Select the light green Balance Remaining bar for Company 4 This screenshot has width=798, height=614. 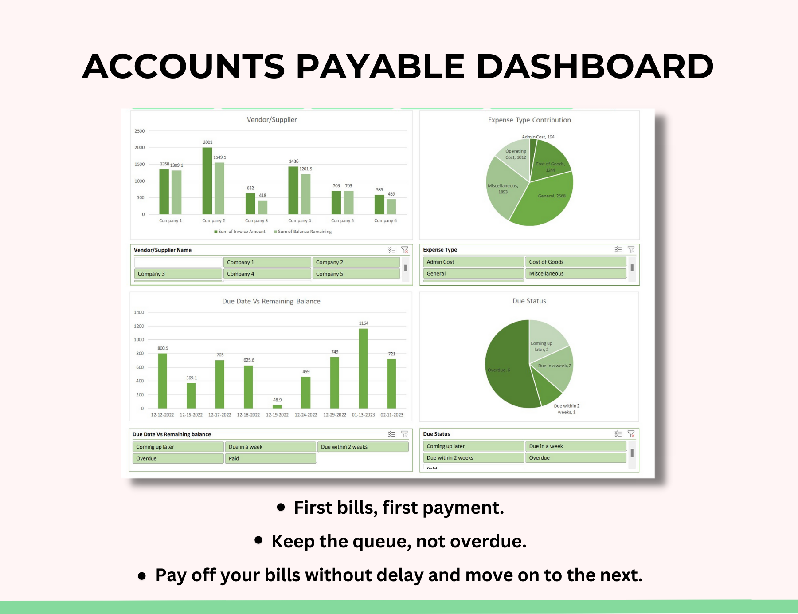tap(305, 194)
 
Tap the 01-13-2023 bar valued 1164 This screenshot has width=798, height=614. tap(363, 368)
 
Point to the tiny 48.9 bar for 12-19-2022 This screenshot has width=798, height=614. tap(277, 406)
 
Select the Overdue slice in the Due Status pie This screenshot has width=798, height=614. tap(508, 368)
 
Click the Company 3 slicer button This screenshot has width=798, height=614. tap(178, 274)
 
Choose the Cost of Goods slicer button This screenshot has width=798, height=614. tap(575, 262)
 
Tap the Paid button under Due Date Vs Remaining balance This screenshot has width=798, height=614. tap(270, 458)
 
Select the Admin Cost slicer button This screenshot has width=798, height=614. tap(473, 262)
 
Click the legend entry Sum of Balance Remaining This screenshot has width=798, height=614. tap(304, 232)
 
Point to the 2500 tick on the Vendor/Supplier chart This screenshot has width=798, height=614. tap(140, 131)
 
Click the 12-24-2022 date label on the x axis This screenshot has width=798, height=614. tap(306, 415)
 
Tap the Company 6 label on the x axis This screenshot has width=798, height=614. tap(385, 220)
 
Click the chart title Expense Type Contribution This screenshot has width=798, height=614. tap(529, 120)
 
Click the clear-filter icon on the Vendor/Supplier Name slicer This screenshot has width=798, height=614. tap(405, 250)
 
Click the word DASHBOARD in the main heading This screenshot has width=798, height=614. tap(595, 67)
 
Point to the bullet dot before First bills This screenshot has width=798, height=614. tap(281, 507)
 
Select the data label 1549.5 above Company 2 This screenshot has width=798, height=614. tap(219, 157)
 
